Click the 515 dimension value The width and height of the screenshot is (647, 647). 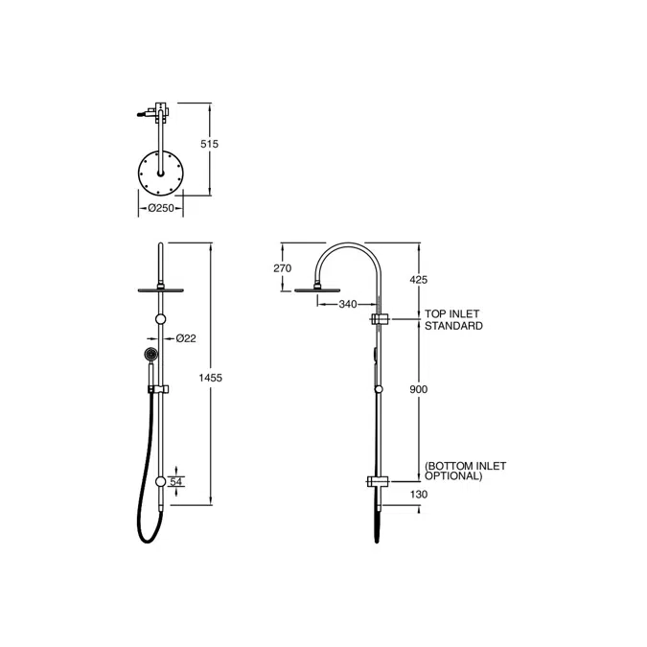(210, 144)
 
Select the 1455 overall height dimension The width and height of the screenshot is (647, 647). (210, 378)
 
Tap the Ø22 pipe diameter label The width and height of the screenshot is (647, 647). (187, 337)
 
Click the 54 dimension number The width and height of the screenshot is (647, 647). (175, 481)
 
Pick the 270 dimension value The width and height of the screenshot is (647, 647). (282, 268)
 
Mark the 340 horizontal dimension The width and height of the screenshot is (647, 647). (347, 304)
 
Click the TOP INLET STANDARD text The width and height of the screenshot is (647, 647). (454, 320)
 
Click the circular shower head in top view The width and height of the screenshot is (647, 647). (160, 173)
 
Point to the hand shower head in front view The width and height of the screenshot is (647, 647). (150, 357)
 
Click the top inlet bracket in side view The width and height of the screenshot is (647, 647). (381, 318)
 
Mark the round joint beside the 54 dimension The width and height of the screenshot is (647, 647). (160, 482)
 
